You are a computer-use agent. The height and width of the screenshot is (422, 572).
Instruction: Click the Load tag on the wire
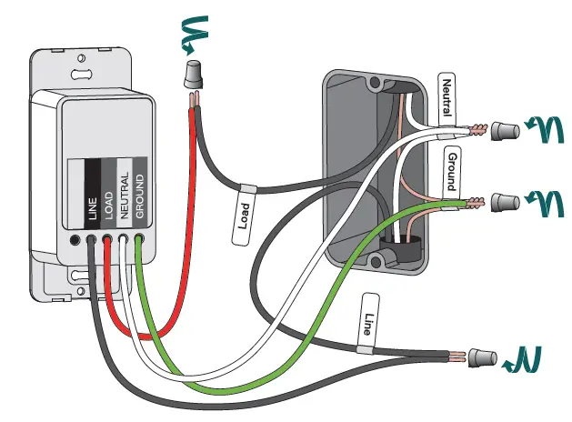pyautogui.click(x=244, y=216)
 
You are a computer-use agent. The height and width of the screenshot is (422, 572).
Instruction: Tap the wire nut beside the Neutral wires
pyautogui.click(x=502, y=132)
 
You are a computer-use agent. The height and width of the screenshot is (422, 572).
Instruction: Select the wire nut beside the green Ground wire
pyautogui.click(x=502, y=200)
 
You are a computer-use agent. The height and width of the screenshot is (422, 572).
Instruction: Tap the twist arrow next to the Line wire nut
pyautogui.click(x=525, y=358)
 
